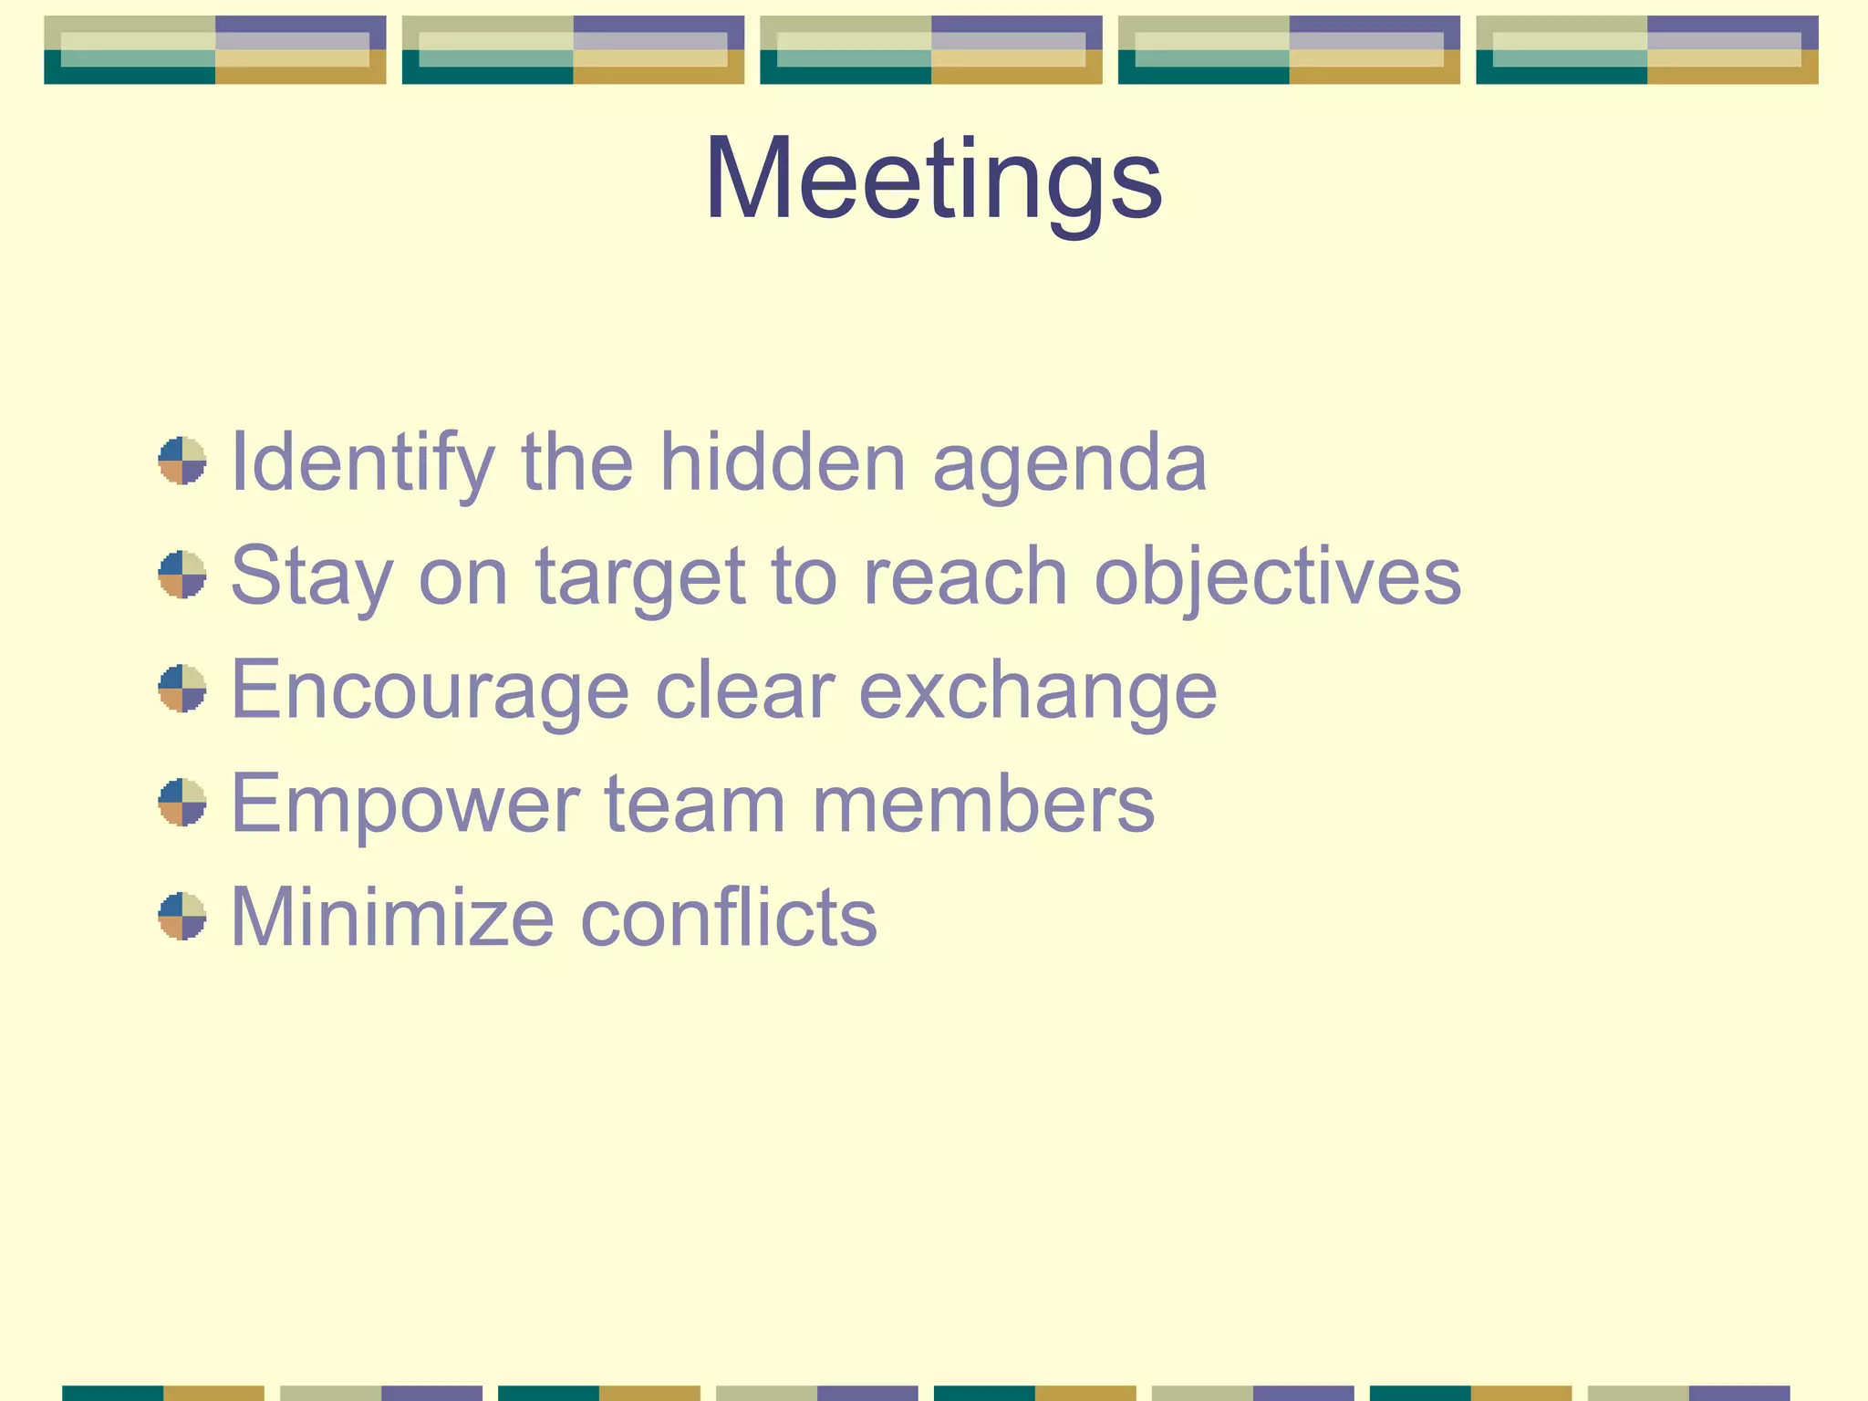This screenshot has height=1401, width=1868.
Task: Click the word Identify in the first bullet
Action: point(363,462)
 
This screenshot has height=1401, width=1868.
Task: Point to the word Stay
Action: point(312,576)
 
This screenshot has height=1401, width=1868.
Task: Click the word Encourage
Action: point(430,690)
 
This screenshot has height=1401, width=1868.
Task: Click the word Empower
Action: point(405,804)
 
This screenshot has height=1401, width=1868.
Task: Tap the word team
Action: point(695,803)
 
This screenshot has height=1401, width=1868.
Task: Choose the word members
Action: point(983,803)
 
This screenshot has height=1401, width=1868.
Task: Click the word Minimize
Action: point(392,917)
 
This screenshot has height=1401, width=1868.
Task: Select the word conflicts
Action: point(729,917)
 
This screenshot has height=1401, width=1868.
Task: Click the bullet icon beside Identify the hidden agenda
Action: point(182,461)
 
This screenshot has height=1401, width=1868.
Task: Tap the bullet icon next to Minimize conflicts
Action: point(182,916)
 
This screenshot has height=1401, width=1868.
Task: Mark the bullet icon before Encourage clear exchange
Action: point(182,688)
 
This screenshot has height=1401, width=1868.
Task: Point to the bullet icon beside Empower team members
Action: point(182,802)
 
